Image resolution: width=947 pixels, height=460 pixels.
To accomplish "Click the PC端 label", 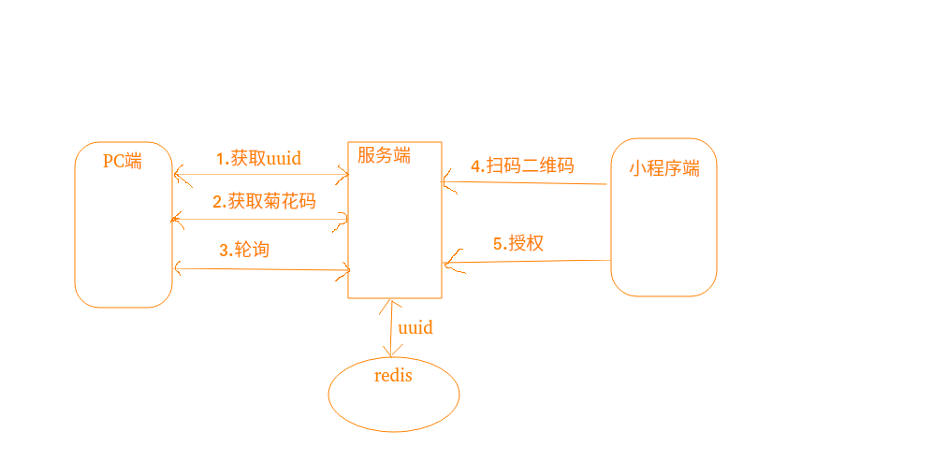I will point(123,161).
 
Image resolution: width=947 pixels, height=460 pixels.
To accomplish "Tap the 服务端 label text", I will point(384,156).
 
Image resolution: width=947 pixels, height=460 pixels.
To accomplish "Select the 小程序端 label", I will point(664,168).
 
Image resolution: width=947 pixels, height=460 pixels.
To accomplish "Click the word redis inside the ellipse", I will point(393,376).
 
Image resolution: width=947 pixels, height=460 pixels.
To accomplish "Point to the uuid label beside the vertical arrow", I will point(415,328).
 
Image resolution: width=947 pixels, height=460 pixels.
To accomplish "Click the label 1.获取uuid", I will point(258,158).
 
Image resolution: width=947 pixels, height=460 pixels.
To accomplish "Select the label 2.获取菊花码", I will point(264,201).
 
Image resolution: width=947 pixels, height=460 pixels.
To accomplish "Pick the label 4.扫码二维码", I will point(522,166).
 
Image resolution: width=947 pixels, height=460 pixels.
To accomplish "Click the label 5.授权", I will point(518,244).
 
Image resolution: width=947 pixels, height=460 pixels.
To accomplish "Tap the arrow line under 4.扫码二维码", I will point(529,183).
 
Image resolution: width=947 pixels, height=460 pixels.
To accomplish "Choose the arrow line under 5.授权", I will point(529,262).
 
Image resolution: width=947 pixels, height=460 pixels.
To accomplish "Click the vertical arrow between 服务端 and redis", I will point(389,327).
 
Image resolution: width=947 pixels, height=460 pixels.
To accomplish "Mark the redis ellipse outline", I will point(329,394).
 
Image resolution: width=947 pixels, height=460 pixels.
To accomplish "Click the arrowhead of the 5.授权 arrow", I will point(448,263).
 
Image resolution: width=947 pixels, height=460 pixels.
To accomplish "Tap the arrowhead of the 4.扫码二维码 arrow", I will point(446,182).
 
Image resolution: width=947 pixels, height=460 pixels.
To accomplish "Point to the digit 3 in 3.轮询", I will point(224,250).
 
